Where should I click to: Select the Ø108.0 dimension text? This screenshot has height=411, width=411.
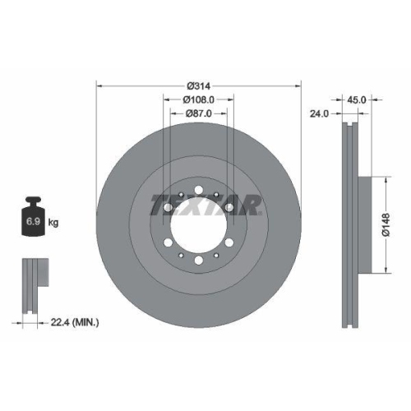tap(199, 100)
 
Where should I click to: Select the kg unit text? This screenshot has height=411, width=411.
tap(54, 223)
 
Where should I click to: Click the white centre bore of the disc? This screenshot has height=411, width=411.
tap(199, 224)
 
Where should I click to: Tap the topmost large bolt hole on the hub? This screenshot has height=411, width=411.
tap(199, 187)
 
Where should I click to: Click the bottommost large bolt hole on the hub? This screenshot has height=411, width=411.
tap(199, 261)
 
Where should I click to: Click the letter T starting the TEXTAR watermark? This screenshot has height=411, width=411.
tap(158, 203)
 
